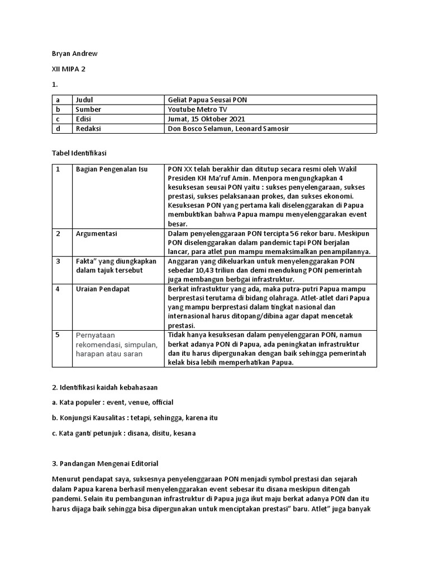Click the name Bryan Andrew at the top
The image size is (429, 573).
[74, 53]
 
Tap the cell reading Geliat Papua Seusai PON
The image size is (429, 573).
[207, 100]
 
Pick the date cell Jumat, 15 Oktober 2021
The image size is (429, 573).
[206, 119]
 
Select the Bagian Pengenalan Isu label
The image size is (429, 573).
[112, 169]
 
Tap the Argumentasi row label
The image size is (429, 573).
[97, 233]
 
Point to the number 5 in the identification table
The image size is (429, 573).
[57, 335]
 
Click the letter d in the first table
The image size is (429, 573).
[57, 129]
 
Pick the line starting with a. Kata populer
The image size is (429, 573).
[113, 402]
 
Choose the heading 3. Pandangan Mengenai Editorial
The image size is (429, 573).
[105, 463]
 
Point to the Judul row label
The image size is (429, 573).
[85, 100]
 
